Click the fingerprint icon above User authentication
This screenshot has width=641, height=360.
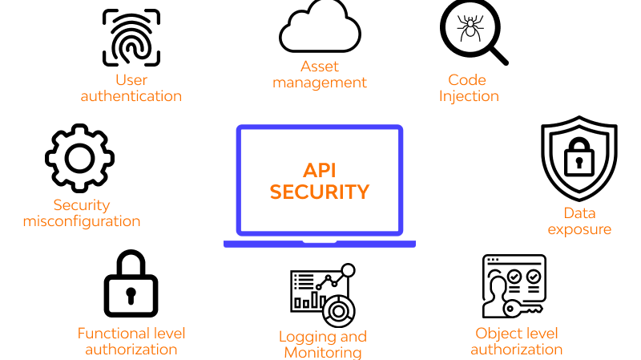[x=131, y=37]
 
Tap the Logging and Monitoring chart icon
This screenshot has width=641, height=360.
[x=322, y=293]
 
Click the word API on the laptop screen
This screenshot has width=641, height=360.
[x=319, y=170]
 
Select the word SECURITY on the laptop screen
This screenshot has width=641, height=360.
[x=319, y=192]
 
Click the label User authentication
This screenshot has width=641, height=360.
[x=131, y=88]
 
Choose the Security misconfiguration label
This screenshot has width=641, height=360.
[x=82, y=213]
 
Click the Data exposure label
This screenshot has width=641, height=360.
[x=579, y=221]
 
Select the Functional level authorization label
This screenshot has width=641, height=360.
[x=131, y=341]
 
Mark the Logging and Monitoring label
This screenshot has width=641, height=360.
[x=322, y=344]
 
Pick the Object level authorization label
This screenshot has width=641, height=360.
[x=516, y=341]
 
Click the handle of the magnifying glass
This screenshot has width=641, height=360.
[x=498, y=54]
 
